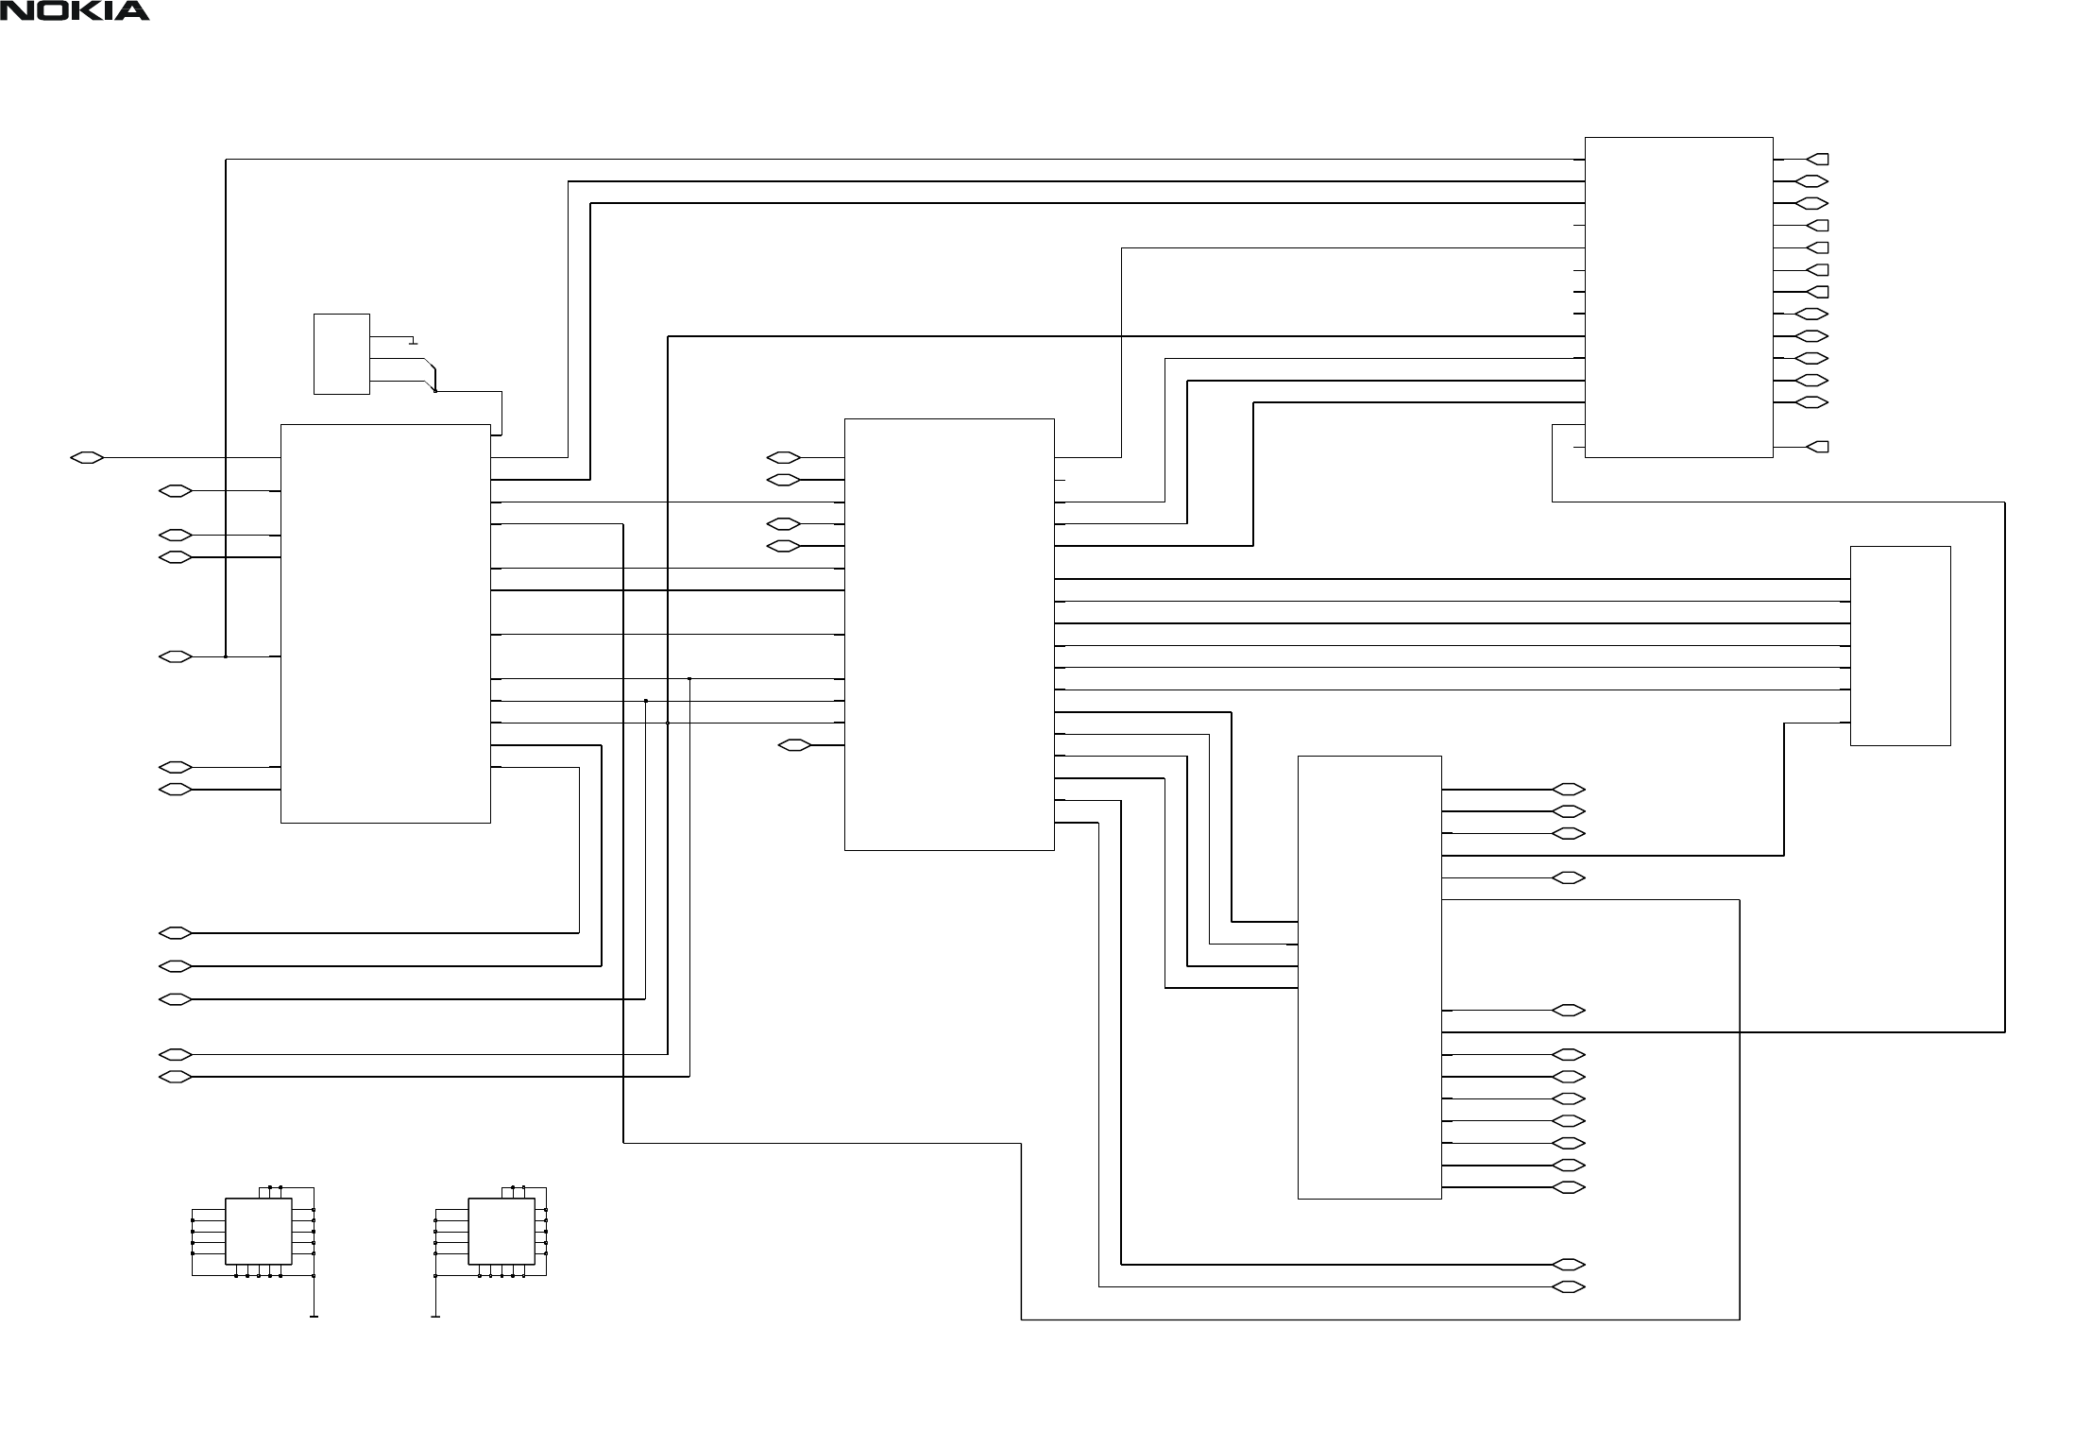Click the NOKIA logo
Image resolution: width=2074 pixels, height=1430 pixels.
click(x=75, y=11)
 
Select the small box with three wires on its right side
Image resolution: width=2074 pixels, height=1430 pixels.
click(x=341, y=353)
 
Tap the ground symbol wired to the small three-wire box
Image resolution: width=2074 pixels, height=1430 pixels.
click(x=413, y=342)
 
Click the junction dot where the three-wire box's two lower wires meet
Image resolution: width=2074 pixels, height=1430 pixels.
click(x=434, y=390)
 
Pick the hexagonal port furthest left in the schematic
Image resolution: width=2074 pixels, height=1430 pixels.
click(x=87, y=458)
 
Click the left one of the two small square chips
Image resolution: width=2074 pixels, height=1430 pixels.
click(x=258, y=1231)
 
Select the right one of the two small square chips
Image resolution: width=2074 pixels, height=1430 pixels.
click(x=501, y=1231)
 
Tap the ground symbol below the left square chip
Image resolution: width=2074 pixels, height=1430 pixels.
click(x=314, y=1315)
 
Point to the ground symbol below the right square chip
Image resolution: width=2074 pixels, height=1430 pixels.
click(x=435, y=1315)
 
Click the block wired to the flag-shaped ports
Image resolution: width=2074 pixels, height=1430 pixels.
click(x=1678, y=297)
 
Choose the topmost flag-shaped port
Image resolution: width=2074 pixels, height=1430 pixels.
click(x=1818, y=159)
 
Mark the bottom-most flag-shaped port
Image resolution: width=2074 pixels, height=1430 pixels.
click(x=1818, y=446)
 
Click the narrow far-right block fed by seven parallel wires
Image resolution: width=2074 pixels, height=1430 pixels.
click(x=1899, y=645)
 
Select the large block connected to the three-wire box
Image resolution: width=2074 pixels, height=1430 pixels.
click(x=385, y=623)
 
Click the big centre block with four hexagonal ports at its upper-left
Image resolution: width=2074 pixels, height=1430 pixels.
click(x=948, y=634)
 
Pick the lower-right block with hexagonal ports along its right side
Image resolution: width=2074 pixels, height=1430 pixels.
click(x=1369, y=977)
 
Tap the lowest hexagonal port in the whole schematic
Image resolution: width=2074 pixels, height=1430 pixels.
click(x=1569, y=1286)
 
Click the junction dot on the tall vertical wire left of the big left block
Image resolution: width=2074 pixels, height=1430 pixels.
click(x=226, y=656)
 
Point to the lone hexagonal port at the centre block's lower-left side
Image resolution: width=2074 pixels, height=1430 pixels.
click(x=795, y=745)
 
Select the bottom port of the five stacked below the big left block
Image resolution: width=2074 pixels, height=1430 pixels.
click(x=175, y=1077)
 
